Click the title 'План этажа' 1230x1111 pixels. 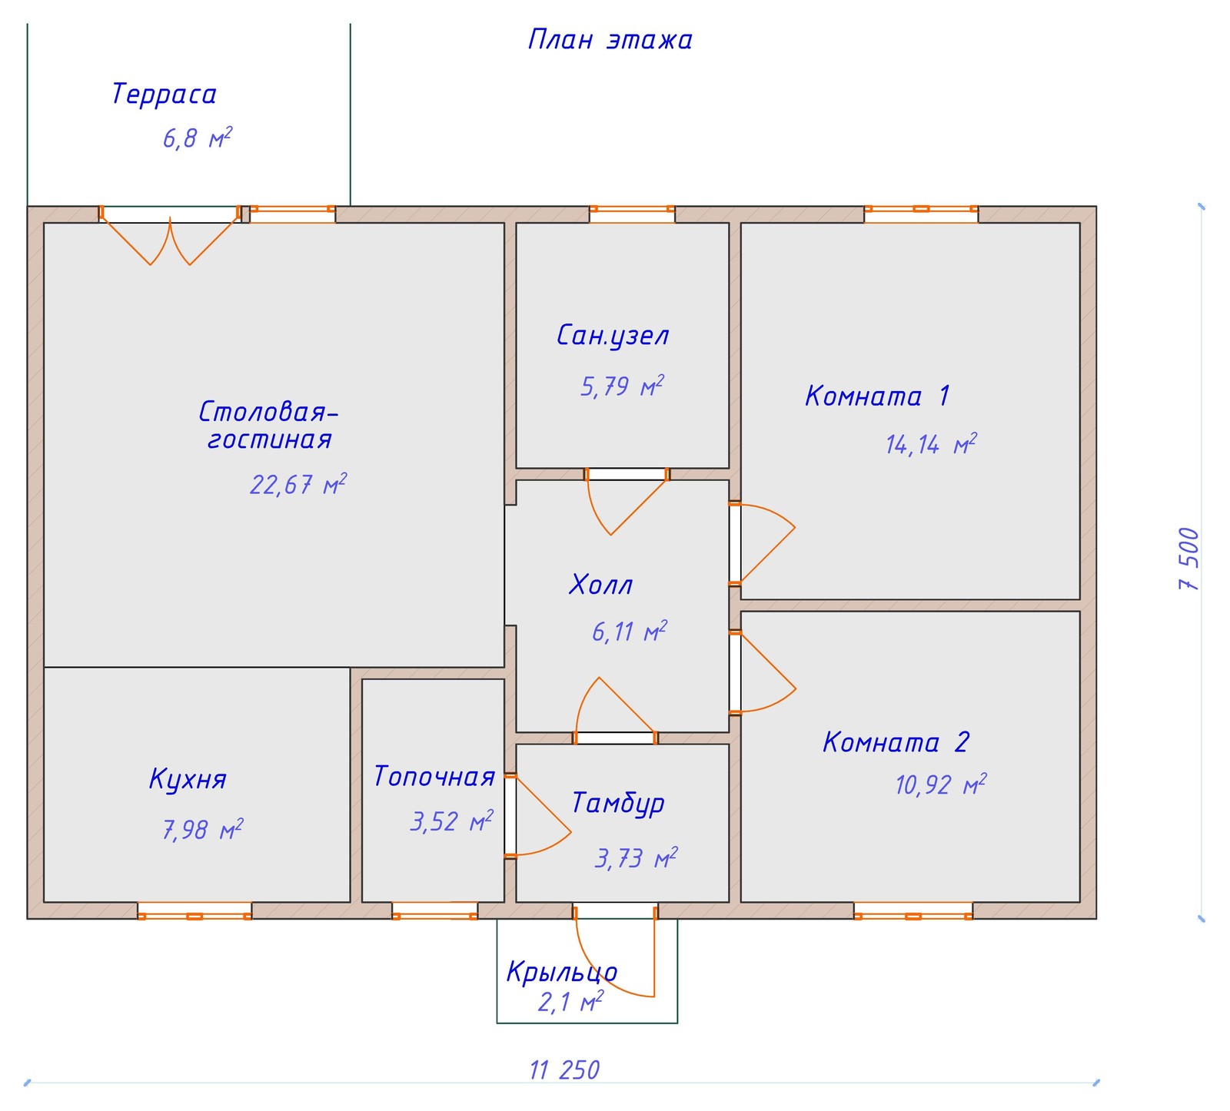[610, 40]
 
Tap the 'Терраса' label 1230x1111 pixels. [164, 95]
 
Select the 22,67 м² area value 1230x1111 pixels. [298, 485]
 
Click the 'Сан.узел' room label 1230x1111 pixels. [613, 336]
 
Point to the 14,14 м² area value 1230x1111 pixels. [931, 444]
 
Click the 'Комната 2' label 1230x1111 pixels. [896, 742]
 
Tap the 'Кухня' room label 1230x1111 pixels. [188, 779]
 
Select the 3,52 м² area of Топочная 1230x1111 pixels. [452, 821]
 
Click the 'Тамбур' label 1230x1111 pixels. [618, 803]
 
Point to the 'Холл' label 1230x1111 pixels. [601, 585]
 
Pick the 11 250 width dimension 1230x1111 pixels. [564, 1070]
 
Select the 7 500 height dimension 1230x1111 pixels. [1188, 559]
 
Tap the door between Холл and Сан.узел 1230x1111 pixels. [627, 501]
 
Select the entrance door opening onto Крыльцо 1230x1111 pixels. [615, 950]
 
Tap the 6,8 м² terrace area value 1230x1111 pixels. [198, 139]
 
